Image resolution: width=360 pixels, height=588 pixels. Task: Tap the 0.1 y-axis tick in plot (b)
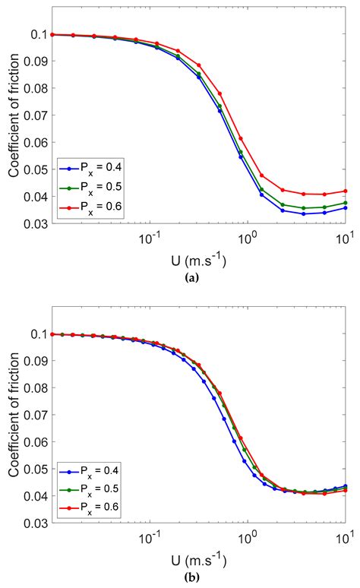(39, 334)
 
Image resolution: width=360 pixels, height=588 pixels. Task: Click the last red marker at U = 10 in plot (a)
(346, 191)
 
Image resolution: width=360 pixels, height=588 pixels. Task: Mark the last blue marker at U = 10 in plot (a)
(346, 207)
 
